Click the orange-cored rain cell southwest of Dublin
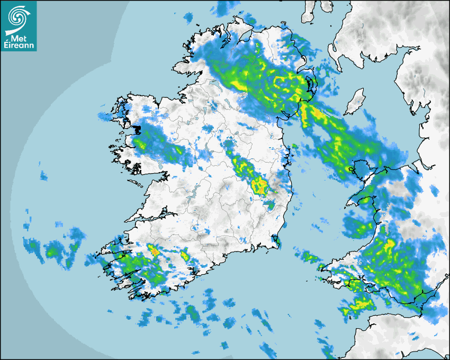click(x=260, y=185)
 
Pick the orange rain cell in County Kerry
click(x=155, y=252)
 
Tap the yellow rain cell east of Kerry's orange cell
click(x=185, y=256)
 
